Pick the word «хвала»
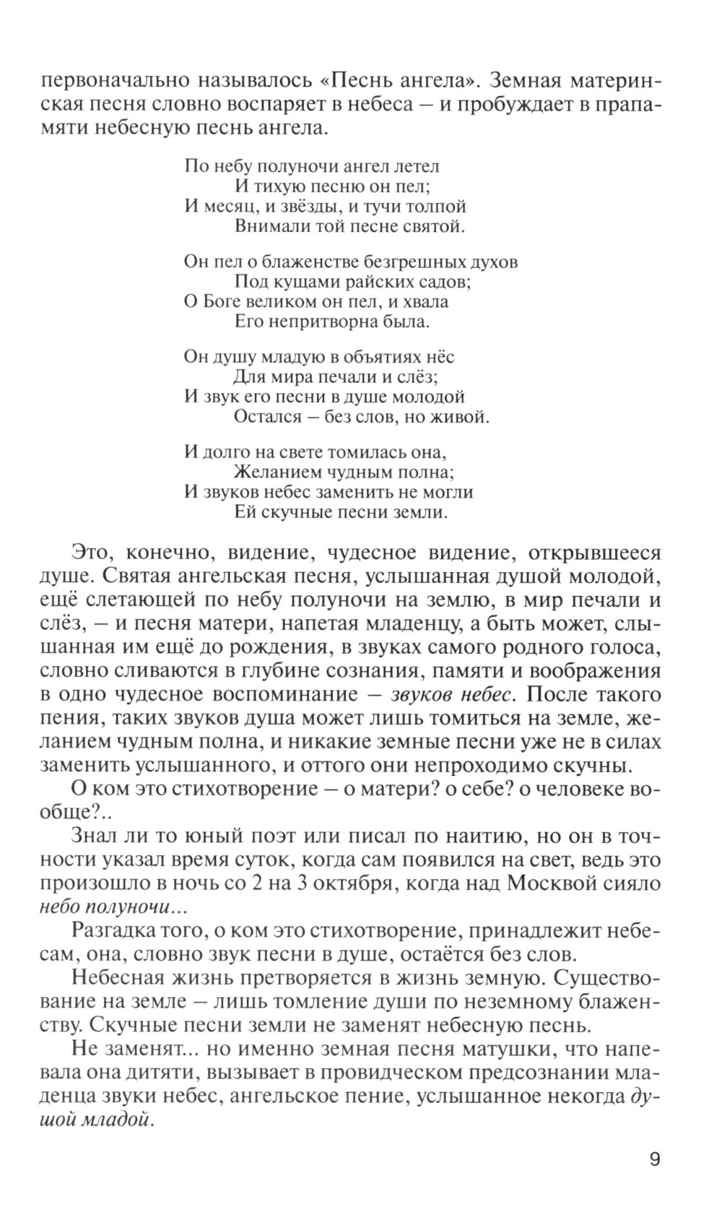click(422, 301)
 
